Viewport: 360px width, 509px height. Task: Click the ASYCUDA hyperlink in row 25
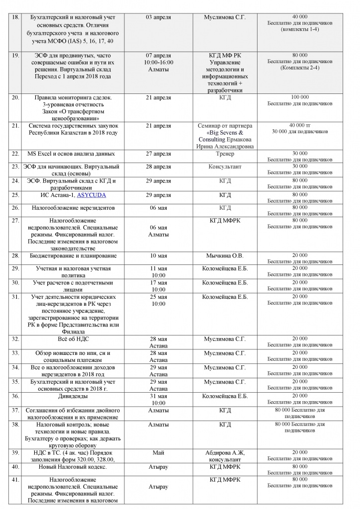pos(91,195)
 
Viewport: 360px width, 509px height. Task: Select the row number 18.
pos(15,17)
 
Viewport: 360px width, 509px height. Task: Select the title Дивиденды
pos(74,396)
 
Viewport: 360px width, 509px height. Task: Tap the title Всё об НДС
pos(74,339)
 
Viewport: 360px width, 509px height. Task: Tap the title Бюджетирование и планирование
pos(74,255)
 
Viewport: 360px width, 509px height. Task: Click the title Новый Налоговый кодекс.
pos(74,467)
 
